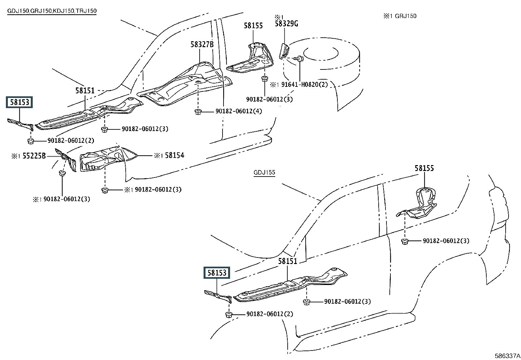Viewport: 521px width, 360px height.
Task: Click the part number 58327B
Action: pyautogui.click(x=202, y=44)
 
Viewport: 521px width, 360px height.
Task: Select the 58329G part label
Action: pyautogui.click(x=286, y=24)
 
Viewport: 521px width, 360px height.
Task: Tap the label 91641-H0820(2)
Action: pyautogui.click(x=304, y=85)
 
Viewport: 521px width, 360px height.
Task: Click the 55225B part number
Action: pyautogui.click(x=34, y=156)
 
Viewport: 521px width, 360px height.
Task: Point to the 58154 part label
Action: pyautogui.click(x=174, y=155)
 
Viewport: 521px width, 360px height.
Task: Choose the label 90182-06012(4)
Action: pyautogui.click(x=239, y=111)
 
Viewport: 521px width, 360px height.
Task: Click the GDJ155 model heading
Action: pyautogui.click(x=264, y=172)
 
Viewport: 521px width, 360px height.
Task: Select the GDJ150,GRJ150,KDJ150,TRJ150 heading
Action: pyautogui.click(x=52, y=11)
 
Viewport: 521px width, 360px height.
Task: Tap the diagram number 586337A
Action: pyautogui.click(x=507, y=355)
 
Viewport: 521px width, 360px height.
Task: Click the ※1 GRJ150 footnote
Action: pyautogui.click(x=400, y=16)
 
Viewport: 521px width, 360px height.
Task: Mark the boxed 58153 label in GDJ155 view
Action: pyautogui.click(x=217, y=273)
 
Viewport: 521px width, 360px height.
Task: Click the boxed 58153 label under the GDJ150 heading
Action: pyautogui.click(x=19, y=102)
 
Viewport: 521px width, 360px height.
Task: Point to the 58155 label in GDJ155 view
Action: pyautogui.click(x=424, y=168)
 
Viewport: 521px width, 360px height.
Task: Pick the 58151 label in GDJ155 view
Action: pyautogui.click(x=288, y=261)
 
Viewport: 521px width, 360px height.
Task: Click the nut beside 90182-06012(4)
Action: pyautogui.click(x=198, y=112)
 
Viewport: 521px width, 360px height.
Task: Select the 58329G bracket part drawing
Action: pyautogui.click(x=284, y=51)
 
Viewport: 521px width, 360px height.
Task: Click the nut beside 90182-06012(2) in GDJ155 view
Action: pyautogui.click(x=229, y=315)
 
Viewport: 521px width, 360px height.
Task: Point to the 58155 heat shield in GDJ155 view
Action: pyautogui.click(x=417, y=203)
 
